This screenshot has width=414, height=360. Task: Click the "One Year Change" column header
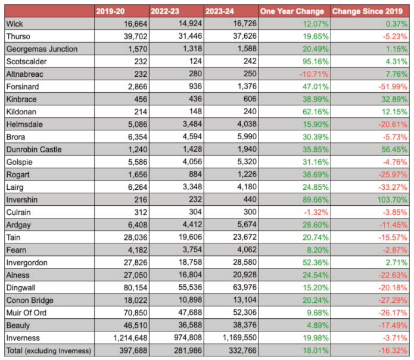tap(292, 11)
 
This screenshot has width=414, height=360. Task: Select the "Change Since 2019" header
tap(368, 11)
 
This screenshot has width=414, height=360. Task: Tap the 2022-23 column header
tap(165, 11)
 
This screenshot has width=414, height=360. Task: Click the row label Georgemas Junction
tap(42, 49)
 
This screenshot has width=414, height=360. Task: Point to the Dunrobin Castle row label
tap(34, 149)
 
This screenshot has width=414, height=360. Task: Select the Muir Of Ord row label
tap(26, 313)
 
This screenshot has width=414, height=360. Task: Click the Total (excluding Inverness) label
tap(49, 350)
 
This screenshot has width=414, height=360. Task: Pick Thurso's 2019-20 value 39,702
tap(135, 36)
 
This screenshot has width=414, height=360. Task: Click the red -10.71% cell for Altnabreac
tap(314, 74)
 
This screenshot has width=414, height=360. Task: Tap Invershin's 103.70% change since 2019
tap(393, 200)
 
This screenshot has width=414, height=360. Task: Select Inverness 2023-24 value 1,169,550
tap(239, 337)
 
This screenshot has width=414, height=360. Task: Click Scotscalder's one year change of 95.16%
tap(316, 61)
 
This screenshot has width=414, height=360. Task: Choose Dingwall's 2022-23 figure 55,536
tap(190, 287)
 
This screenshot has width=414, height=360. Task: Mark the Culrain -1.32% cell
tap(316, 212)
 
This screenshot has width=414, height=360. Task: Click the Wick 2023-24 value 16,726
tap(245, 23)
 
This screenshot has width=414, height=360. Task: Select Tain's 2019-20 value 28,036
tap(135, 237)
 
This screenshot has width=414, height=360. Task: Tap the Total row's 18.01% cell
tap(316, 350)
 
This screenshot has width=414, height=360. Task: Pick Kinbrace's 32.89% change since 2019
tap(394, 99)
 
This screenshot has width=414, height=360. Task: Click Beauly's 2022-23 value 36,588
tap(190, 325)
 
